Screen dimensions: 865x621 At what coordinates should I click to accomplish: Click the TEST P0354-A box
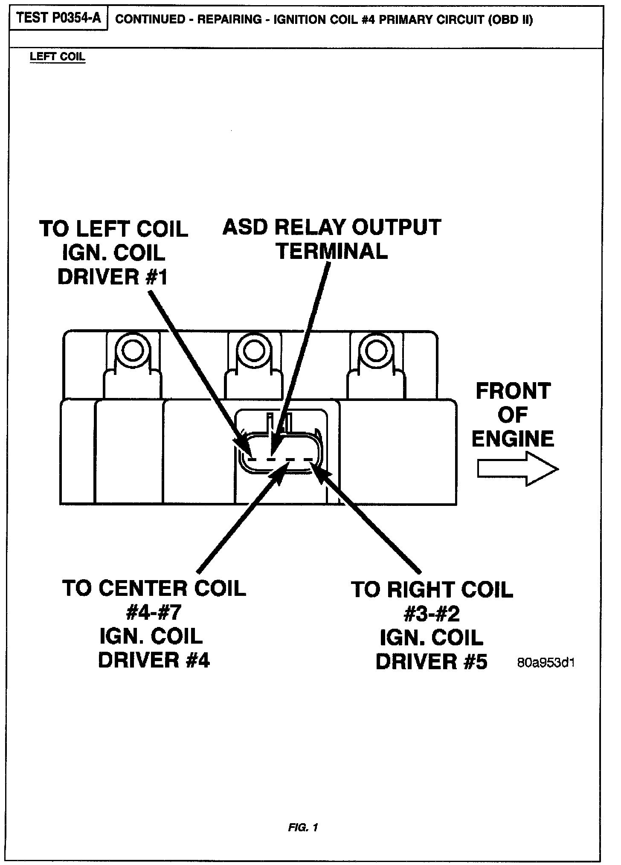pos(58,19)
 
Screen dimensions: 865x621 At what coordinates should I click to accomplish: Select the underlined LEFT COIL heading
pos(58,57)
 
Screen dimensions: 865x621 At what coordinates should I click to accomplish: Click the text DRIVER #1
pos(113,277)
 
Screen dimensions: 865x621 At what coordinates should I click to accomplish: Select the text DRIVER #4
pos(154,660)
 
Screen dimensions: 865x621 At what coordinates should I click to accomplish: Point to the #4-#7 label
pos(154,613)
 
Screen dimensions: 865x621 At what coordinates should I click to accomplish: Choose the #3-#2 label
pos(432,614)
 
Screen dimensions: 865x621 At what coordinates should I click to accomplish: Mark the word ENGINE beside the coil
pos(513,439)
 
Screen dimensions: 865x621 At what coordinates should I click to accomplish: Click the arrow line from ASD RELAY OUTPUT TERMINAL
pos(304,350)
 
